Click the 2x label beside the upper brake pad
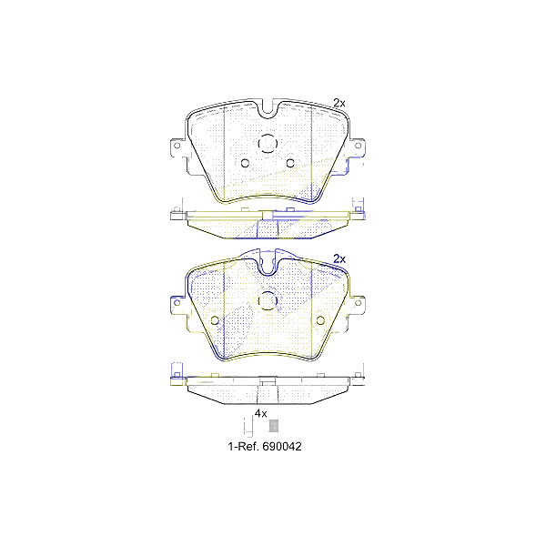[339, 104]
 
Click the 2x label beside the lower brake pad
[339, 258]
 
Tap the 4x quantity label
[260, 413]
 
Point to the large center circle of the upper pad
[268, 144]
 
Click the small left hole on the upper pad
[244, 164]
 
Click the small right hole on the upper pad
[290, 164]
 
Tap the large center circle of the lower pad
[268, 299]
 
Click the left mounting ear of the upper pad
[176, 151]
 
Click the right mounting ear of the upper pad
[359, 151]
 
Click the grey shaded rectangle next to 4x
[274, 425]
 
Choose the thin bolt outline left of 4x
[246, 425]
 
